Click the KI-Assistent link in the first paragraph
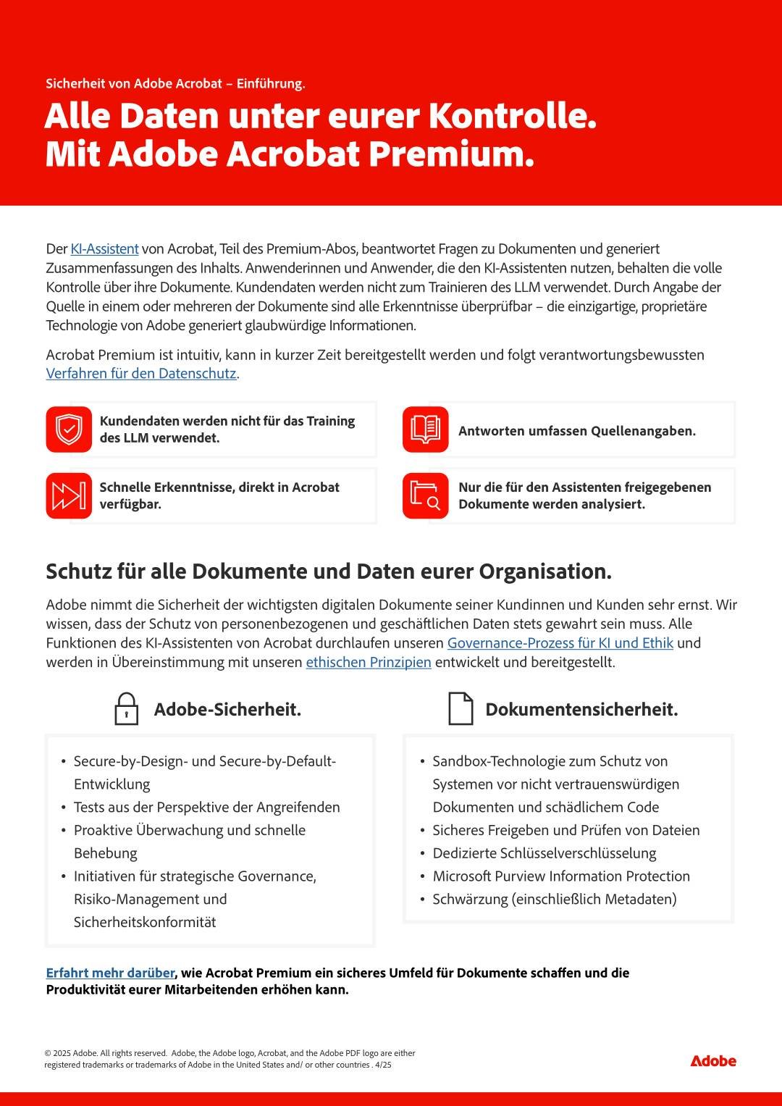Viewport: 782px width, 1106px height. click(104, 249)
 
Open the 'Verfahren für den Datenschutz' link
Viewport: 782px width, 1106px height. click(141, 374)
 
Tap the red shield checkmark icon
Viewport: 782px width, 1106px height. click(69, 430)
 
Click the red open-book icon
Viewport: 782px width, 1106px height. click(426, 430)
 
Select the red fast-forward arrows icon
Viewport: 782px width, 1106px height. click(69, 496)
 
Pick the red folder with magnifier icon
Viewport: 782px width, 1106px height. click(426, 496)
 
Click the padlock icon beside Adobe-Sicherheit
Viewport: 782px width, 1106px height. click(127, 709)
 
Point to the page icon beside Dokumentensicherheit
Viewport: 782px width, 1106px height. click(461, 709)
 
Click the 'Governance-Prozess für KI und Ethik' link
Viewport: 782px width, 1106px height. click(560, 643)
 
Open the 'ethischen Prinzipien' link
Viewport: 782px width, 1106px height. click(369, 663)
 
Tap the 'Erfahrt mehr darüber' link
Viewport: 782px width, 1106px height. click(110, 973)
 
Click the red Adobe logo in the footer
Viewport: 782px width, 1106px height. click(713, 1061)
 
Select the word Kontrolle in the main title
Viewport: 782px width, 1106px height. click(512, 116)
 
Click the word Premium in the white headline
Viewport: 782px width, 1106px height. click(451, 154)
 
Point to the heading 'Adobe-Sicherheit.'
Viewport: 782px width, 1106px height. click(227, 710)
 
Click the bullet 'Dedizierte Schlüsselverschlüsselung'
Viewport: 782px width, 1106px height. click(544, 853)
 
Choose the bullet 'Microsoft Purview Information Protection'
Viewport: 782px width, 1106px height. click(561, 876)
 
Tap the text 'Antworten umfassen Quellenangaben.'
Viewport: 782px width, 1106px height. click(577, 431)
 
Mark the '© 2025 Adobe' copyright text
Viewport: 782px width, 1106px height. click(71, 1053)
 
